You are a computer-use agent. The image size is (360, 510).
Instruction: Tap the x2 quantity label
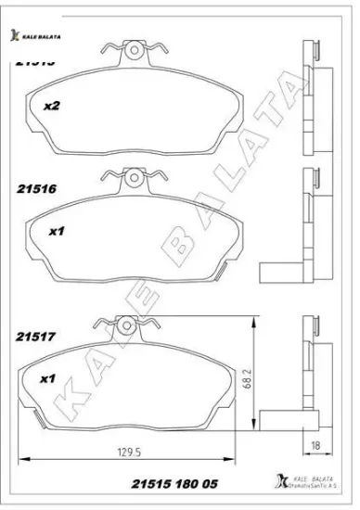(52, 107)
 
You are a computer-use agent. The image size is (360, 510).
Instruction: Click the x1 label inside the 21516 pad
(55, 232)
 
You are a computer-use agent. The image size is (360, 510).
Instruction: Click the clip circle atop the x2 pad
(136, 50)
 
